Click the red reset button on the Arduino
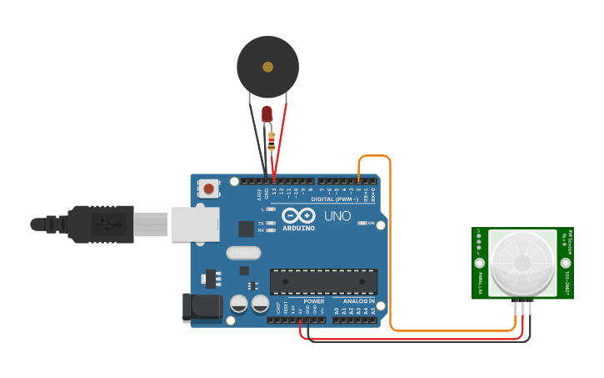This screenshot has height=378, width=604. coord(208,189)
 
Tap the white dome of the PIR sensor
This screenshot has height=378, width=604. coord(522,262)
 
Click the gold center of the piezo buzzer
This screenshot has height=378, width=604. coord(267,67)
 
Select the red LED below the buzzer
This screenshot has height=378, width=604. coord(267,113)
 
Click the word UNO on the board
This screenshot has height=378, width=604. coord(337,216)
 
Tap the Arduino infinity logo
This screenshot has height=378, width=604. coord(298,214)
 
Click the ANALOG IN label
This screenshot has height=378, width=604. coord(359,300)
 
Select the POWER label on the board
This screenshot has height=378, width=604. coord(314,300)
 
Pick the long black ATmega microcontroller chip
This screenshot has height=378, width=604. coord(323,281)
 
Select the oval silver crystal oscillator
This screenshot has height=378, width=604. coord(243,252)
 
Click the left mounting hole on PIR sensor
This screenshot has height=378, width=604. coord(480,263)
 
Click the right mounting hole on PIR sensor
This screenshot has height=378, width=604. coord(566,263)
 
